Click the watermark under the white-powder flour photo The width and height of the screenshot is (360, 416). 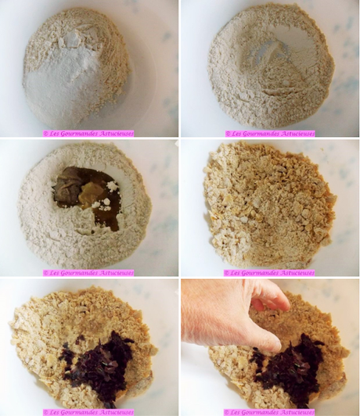[x=89, y=134]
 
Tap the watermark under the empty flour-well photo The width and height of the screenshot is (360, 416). [x=269, y=134]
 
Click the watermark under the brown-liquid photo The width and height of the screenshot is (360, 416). [x=89, y=273]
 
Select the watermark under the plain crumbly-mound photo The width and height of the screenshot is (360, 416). [x=269, y=273]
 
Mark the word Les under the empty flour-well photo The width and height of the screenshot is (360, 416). [x=237, y=134]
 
